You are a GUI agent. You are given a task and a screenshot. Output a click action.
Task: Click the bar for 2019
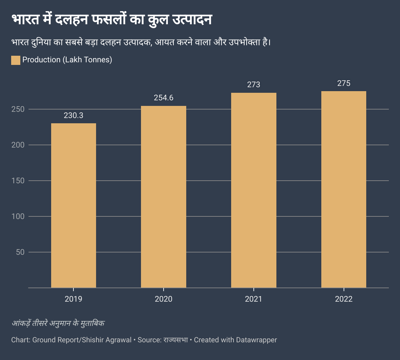tap(73, 206)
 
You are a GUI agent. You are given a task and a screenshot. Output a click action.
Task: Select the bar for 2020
tap(164, 197)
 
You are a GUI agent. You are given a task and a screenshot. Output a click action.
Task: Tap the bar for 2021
tap(254, 190)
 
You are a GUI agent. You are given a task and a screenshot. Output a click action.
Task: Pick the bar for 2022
tap(344, 190)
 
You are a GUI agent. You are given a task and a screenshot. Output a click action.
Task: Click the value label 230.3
tap(73, 115)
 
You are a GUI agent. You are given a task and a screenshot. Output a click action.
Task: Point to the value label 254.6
tap(164, 98)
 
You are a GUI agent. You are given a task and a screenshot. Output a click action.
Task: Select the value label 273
tap(254, 85)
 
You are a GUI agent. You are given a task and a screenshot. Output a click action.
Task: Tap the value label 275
tap(344, 83)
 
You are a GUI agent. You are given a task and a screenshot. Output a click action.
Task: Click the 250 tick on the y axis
tap(18, 109)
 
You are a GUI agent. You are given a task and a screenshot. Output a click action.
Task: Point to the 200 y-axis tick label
tap(18, 145)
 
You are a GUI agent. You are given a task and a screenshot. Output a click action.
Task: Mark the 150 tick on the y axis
tap(18, 181)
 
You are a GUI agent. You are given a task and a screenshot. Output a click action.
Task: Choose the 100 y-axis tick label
tap(18, 216)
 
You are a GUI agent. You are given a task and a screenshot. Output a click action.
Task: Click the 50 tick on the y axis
tap(20, 252)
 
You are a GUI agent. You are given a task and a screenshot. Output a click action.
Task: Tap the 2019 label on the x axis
tap(73, 299)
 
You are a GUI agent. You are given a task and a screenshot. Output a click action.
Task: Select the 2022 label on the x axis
tap(344, 299)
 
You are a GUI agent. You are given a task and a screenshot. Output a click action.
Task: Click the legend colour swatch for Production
tap(16, 60)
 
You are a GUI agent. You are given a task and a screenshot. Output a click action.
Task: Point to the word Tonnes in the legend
tap(96, 60)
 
